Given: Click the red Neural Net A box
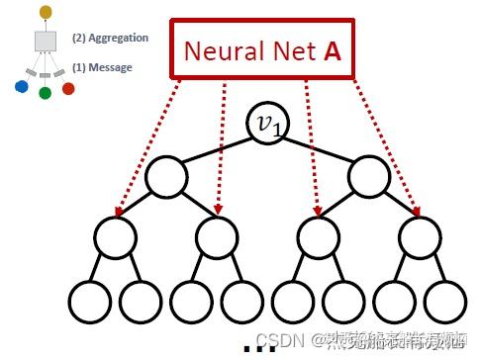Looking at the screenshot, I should (262, 48).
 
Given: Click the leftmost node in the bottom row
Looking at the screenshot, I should (89, 301).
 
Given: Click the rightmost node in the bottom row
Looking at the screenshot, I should (442, 301).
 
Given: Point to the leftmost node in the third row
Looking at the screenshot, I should (114, 238).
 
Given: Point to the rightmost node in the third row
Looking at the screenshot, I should (417, 238).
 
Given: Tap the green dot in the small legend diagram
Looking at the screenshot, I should (45, 93).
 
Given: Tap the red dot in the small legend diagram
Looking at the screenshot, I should (67, 89).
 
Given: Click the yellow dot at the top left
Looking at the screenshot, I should (45, 11).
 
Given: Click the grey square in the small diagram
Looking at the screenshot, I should (45, 41).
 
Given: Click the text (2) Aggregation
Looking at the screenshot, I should (110, 39).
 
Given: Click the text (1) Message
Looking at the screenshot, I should (102, 67).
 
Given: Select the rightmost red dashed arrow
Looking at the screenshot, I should (387, 148).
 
